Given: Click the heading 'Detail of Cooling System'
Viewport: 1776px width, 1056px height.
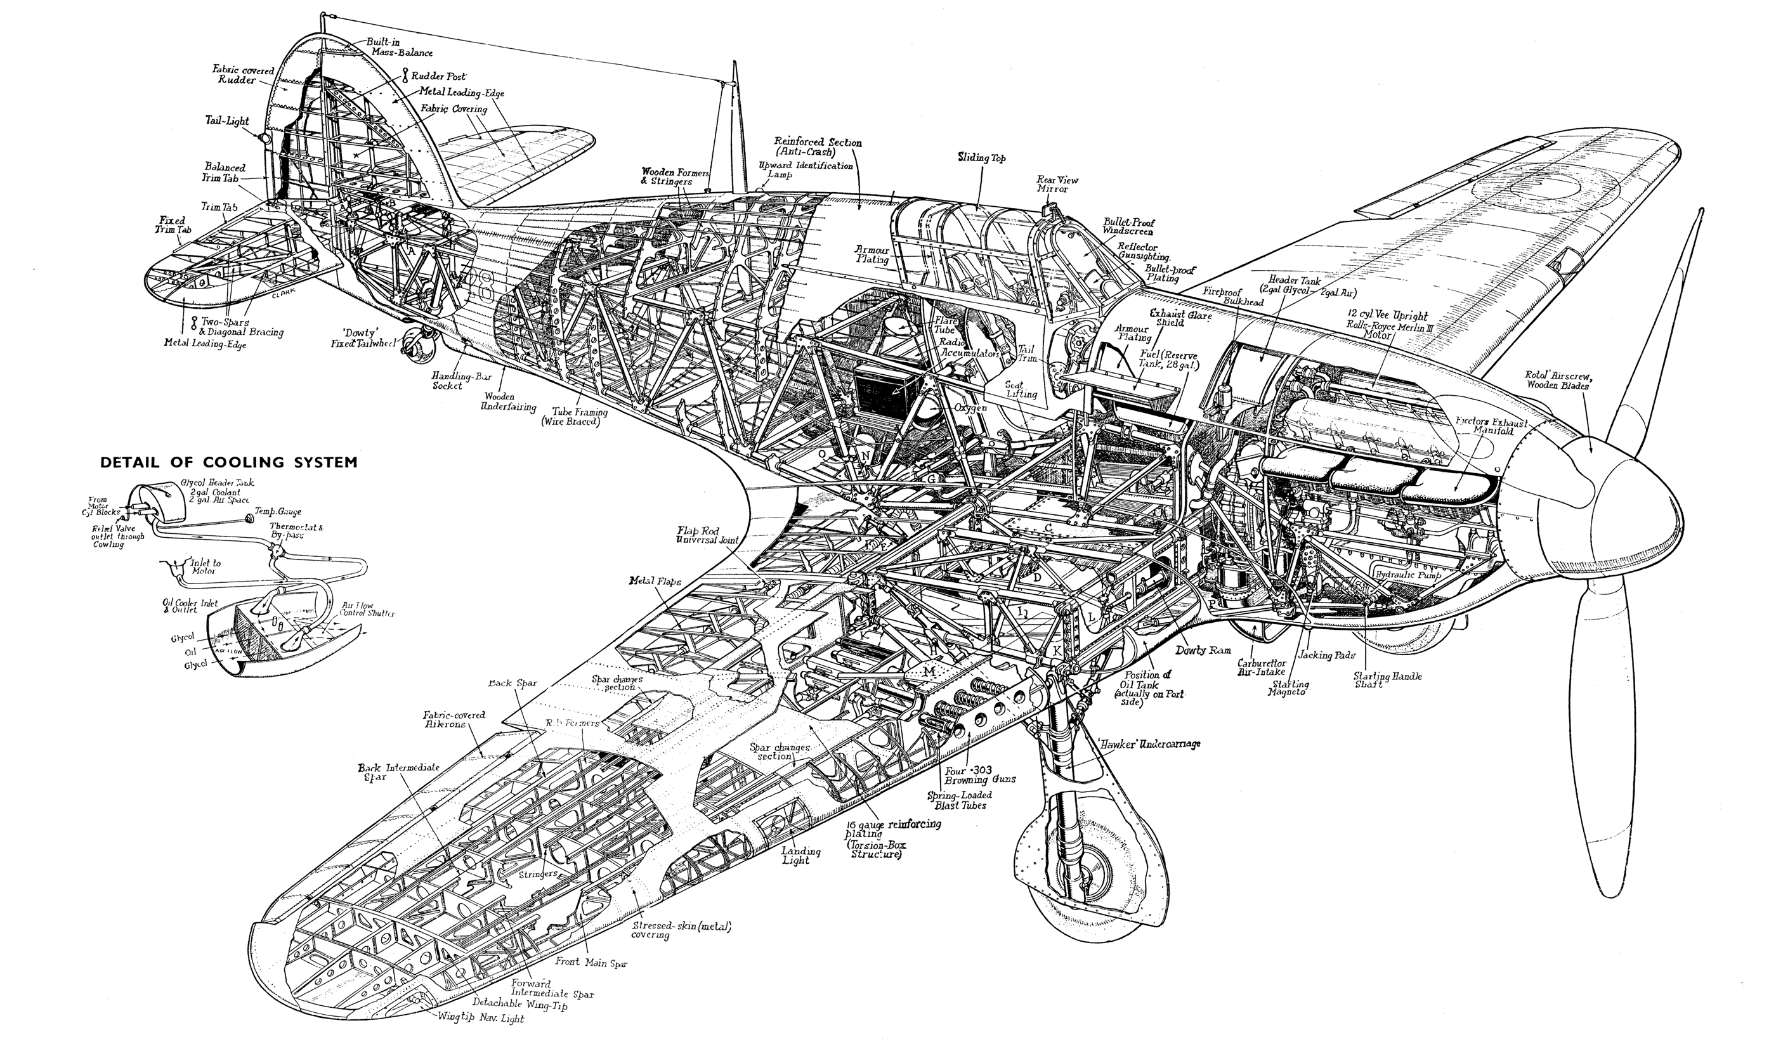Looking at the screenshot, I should click(x=228, y=462).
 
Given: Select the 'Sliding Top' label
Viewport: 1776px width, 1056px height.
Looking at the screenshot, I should click(x=982, y=158).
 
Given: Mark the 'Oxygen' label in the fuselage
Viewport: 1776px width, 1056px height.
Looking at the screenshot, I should click(x=970, y=408).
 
